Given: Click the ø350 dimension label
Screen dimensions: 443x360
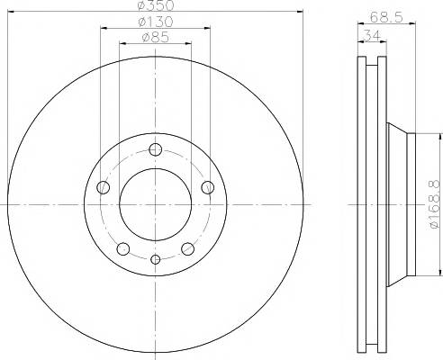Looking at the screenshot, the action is click(156, 4).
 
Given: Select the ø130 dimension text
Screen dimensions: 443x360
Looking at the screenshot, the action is click(156, 22).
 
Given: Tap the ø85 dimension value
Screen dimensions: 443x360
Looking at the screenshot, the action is click(156, 38).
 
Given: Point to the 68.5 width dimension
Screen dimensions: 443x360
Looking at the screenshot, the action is click(386, 17).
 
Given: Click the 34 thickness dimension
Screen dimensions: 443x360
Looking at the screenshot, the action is click(372, 35).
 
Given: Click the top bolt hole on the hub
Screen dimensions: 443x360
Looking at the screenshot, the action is click(156, 149).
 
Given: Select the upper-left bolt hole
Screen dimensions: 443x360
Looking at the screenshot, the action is click(103, 187).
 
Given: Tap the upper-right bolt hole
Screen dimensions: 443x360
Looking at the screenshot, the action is click(208, 187).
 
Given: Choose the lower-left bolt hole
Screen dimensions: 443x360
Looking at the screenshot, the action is click(123, 248).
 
